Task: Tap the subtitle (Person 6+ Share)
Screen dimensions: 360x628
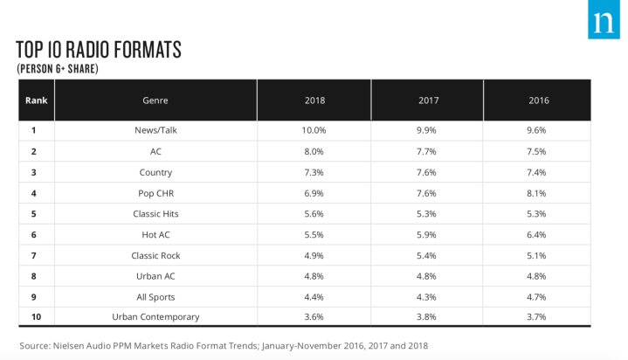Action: (59, 67)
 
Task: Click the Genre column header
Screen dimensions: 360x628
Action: (155, 100)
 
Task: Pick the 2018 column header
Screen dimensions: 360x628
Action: (315, 100)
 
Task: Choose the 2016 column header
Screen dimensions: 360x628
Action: (539, 100)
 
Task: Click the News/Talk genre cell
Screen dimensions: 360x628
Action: (155, 130)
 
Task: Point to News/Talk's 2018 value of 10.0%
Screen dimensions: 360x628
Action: (314, 130)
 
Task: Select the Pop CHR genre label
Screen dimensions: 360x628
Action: (155, 192)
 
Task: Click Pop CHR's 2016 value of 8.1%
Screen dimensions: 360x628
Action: (539, 192)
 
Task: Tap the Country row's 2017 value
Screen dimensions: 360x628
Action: (427, 172)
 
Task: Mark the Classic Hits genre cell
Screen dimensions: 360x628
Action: (155, 213)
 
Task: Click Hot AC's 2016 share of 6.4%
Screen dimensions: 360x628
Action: (539, 234)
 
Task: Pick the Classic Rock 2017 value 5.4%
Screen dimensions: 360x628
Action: (427, 255)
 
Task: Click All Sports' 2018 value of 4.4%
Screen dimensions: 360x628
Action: (314, 296)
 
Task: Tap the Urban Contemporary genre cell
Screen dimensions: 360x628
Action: (155, 316)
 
